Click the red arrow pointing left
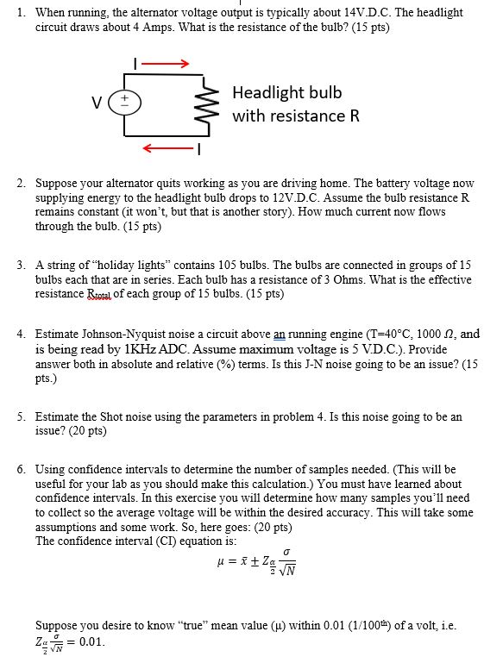[170, 150]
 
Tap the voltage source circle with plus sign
[124, 103]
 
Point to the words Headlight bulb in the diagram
[287, 92]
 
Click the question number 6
[21, 470]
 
